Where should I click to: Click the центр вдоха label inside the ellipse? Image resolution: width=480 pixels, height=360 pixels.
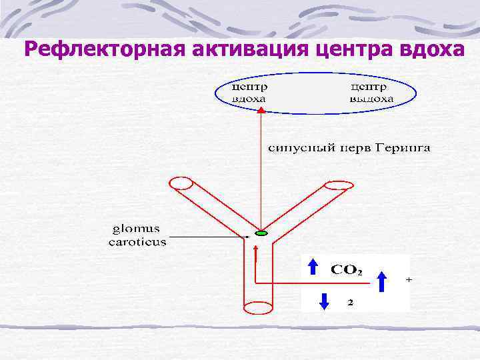click(251, 93)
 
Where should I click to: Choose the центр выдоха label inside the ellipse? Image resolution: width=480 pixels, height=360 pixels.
click(371, 93)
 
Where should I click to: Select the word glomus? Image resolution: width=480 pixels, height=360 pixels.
click(137, 230)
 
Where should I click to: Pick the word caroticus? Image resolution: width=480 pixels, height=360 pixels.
click(137, 242)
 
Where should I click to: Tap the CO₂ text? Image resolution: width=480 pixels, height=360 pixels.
click(347, 271)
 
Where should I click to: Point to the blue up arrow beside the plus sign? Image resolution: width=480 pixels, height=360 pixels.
click(382, 281)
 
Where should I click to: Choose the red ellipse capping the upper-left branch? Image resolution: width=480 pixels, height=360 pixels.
click(181, 182)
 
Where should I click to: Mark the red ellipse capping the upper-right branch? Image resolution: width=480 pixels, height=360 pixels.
click(339, 185)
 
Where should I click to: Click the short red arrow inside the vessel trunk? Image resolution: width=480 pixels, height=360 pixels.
click(257, 256)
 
